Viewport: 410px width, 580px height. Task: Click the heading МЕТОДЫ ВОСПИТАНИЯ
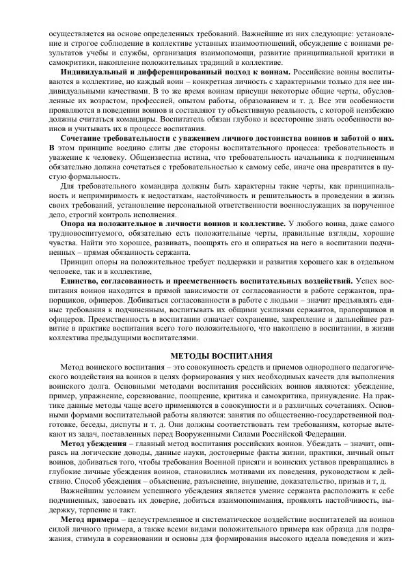pos(221,356)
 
